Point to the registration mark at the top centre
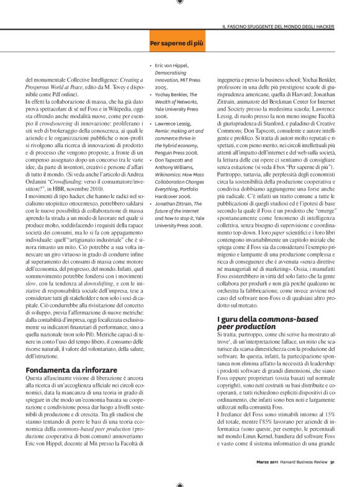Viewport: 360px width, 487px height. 179,2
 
